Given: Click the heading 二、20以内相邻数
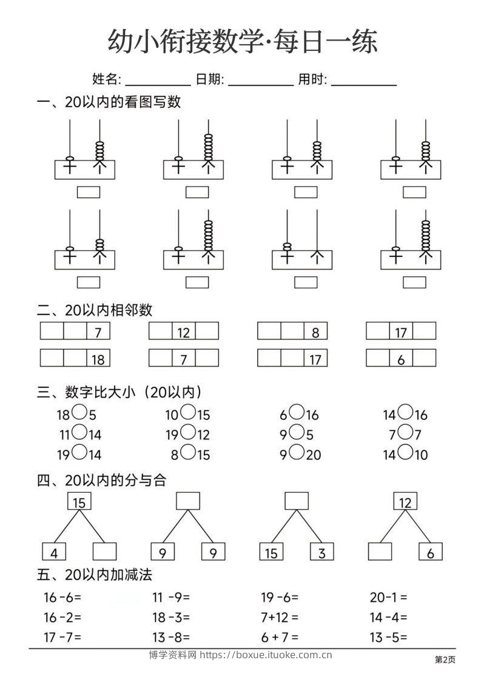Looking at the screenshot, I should tap(95, 310).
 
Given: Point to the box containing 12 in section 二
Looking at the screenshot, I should tap(184, 332).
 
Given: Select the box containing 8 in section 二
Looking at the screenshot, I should tap(315, 332).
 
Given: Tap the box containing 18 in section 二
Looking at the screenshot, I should tap(98, 359).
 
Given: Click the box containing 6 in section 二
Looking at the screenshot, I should tap(401, 359).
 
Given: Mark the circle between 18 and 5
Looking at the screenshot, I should tap(79, 413).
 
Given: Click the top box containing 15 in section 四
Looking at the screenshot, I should tap(79, 501).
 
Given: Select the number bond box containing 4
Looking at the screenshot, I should tap(54, 552).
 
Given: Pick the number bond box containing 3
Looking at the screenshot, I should tap(321, 552).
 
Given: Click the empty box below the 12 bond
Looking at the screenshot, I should tap(380, 552).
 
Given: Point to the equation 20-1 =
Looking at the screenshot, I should tap(388, 598).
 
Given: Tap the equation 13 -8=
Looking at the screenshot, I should tap(171, 637).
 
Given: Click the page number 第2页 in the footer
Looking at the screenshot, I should tap(445, 660).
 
